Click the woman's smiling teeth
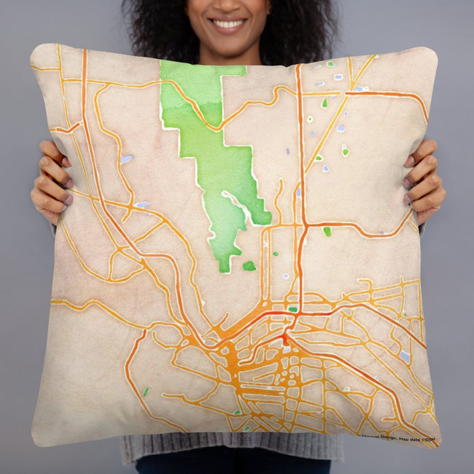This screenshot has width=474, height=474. pyautogui.click(x=228, y=24)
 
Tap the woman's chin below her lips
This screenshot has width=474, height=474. pyautogui.click(x=228, y=41)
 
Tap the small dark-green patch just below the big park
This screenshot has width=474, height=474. pyautogui.click(x=249, y=266)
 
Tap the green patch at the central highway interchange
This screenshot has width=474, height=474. pyautogui.click(x=293, y=309)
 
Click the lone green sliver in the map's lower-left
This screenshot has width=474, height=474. pyautogui.click(x=146, y=391)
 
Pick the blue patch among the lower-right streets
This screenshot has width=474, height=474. pyautogui.click(x=404, y=355)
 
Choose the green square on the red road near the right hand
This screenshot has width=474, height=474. pyautogui.click(x=327, y=232)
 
